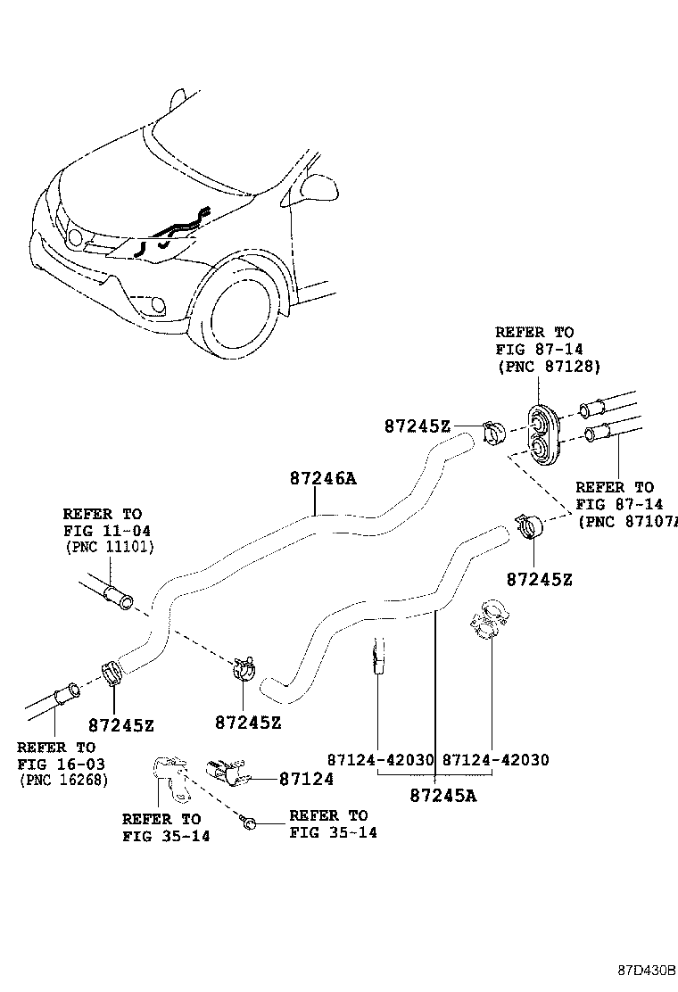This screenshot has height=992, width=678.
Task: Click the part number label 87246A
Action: pos(322,479)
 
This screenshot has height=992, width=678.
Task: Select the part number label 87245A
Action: pos(443,795)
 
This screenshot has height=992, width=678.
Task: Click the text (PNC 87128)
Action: pos(548,366)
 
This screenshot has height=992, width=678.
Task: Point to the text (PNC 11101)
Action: pos(109,547)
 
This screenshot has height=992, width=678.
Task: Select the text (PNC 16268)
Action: pos(62,780)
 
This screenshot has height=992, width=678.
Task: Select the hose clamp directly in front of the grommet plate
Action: pos(494,434)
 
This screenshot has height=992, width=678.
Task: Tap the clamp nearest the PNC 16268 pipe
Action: pos(112,671)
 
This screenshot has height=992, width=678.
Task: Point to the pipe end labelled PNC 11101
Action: pos(115,595)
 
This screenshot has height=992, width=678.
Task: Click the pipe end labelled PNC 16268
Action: pos(64,693)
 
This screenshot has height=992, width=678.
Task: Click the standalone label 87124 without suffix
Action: pos(306,779)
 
